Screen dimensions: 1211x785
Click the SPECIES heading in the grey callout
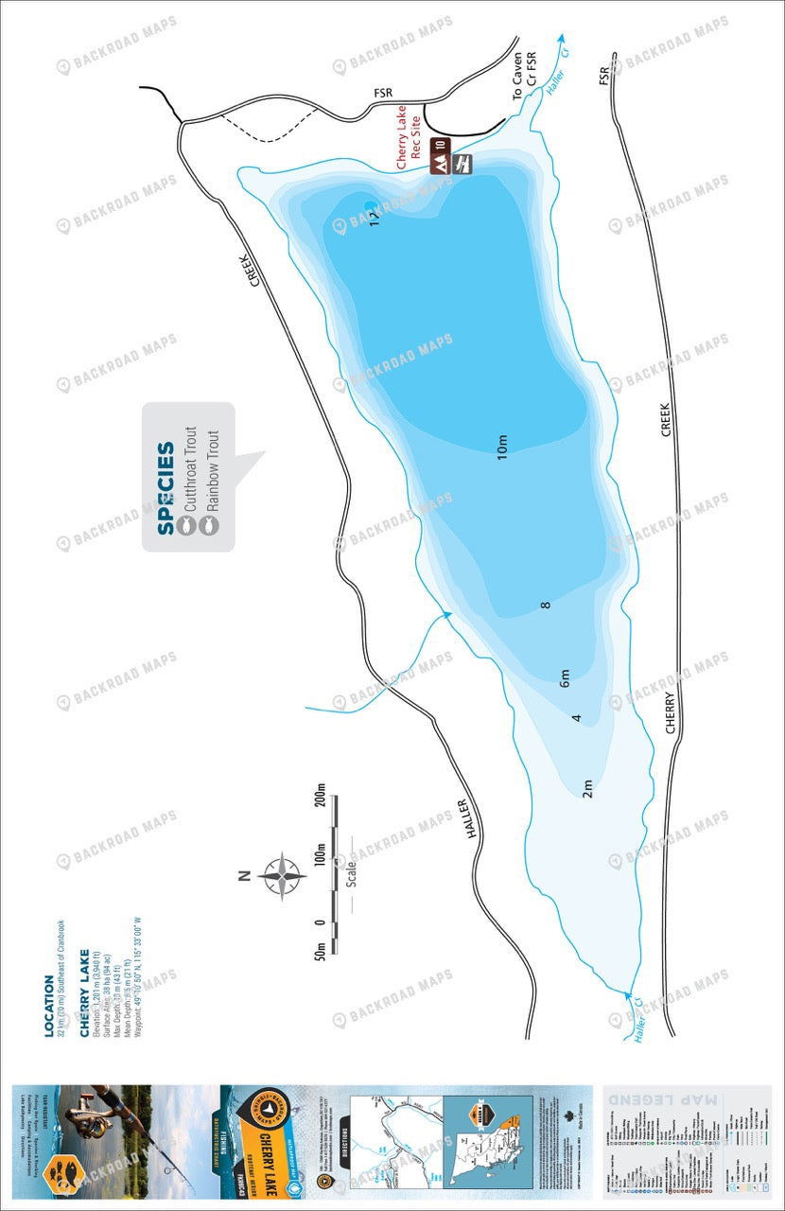coord(166,488)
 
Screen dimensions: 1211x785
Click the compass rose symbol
coord(282,875)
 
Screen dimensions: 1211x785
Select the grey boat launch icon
coord(462,164)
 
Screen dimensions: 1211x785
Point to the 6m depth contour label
coord(565,677)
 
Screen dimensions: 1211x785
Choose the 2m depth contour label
coord(586,787)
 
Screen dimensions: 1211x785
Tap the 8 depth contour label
coord(546,605)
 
